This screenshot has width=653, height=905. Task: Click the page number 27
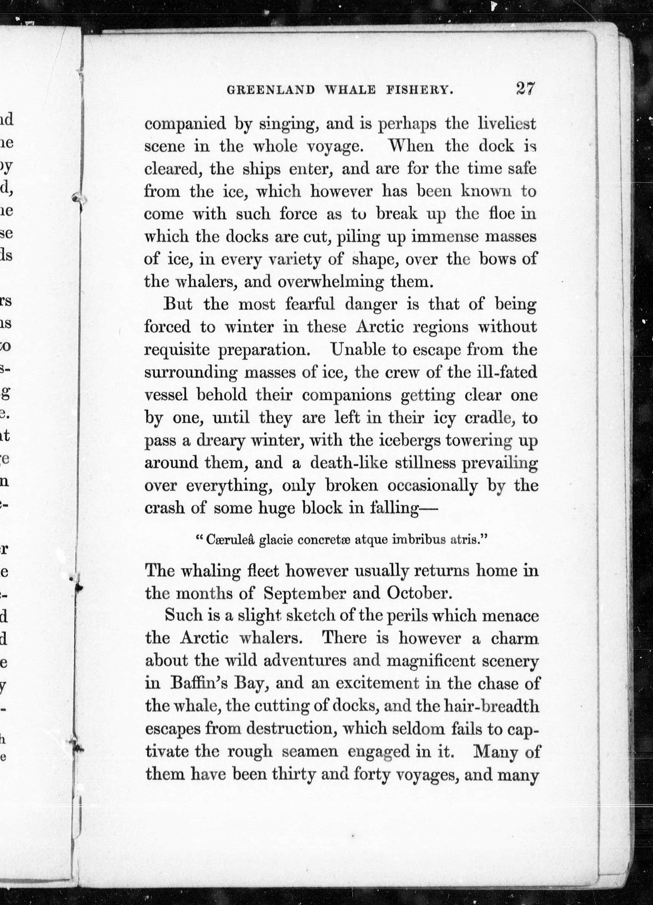pyautogui.click(x=525, y=89)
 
